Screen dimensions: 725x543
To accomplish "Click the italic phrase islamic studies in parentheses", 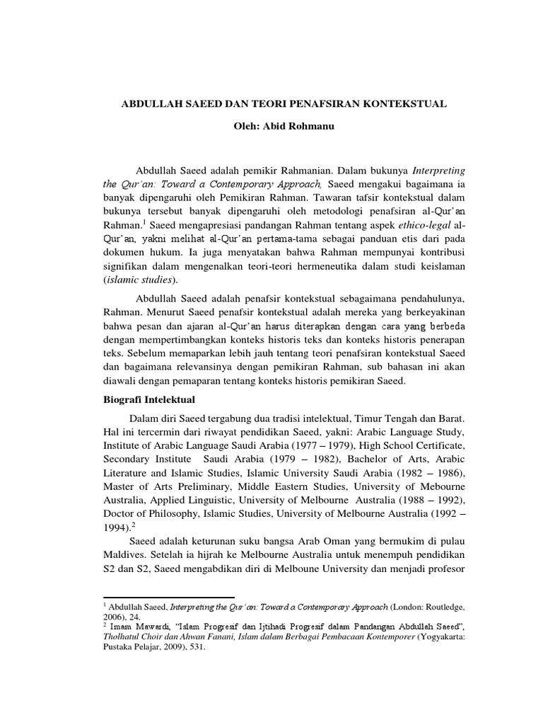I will coord(138,280).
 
